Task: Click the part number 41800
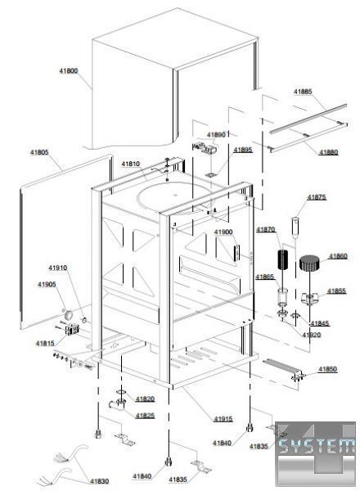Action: point(69,71)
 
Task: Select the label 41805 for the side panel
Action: point(39,152)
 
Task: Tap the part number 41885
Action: point(303,92)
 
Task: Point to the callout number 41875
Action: point(317,197)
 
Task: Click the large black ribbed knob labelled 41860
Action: point(309,263)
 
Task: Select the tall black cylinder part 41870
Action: point(283,259)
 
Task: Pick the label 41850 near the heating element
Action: point(328,369)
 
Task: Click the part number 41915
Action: point(223,419)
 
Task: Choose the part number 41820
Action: point(146,399)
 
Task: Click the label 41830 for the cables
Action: point(100,481)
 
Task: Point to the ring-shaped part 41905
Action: point(68,315)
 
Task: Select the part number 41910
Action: point(57,268)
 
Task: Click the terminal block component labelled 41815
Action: point(72,330)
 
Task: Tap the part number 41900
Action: point(223,232)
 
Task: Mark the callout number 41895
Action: point(243,150)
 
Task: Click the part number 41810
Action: point(131,164)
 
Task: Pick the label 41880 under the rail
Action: point(328,152)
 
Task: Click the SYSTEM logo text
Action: point(316,445)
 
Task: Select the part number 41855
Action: point(336,291)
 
